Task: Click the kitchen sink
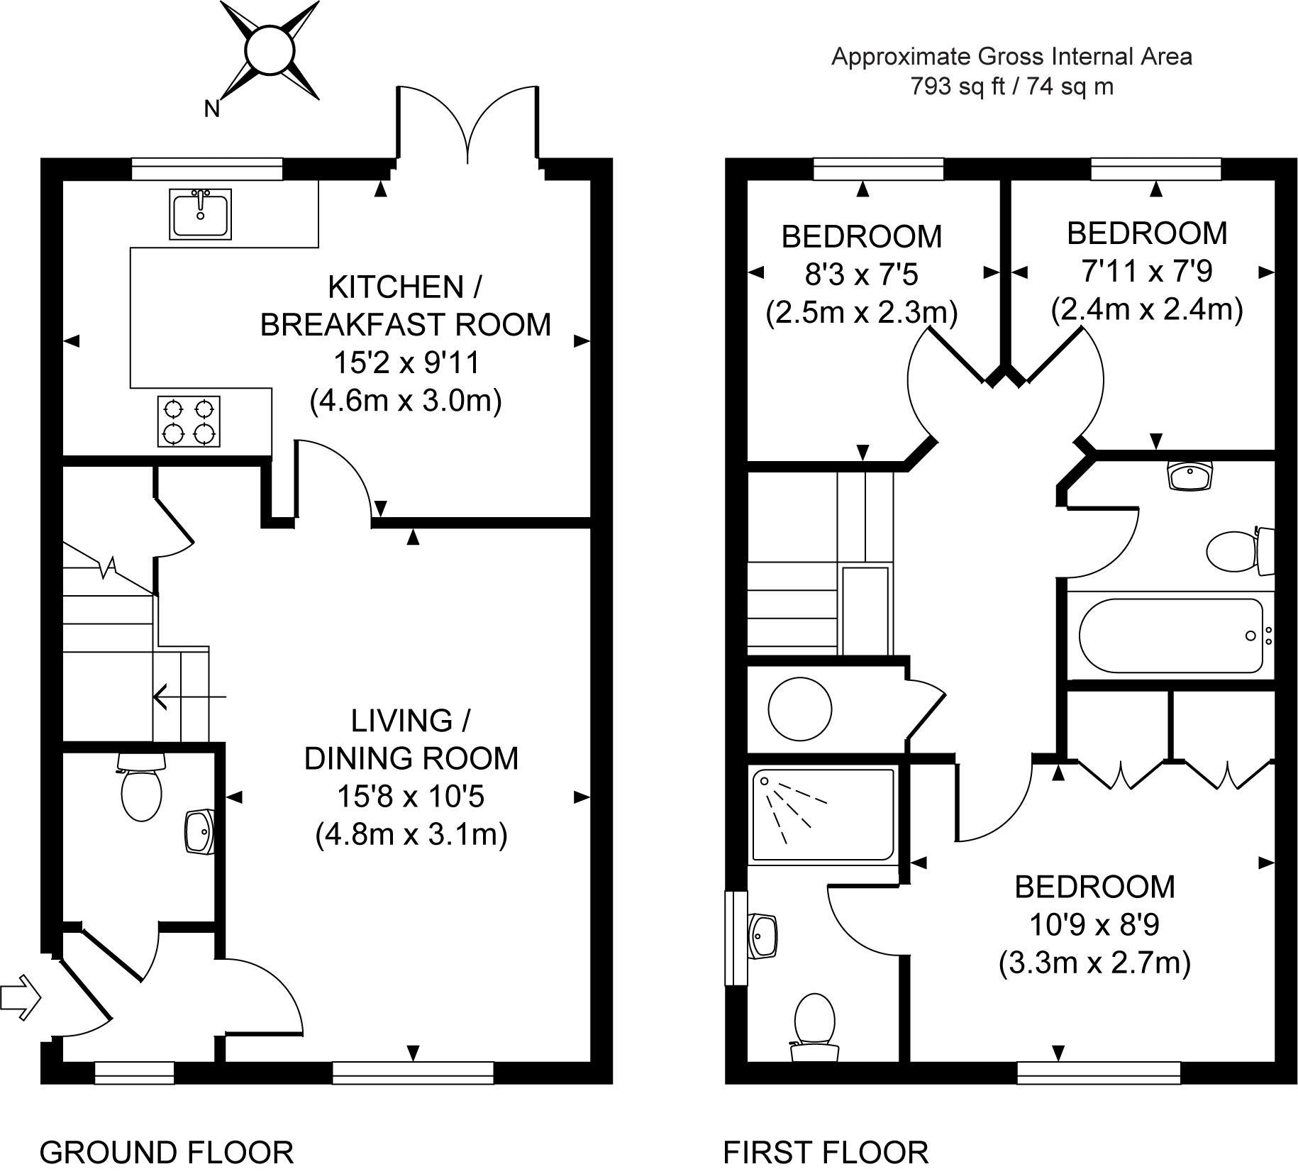[201, 214]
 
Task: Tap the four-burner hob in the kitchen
[189, 421]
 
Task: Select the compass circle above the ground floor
[270, 50]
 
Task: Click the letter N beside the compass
[211, 109]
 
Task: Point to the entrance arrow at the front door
[21, 997]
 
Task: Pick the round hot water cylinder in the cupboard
[800, 709]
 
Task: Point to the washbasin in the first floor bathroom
[1192, 475]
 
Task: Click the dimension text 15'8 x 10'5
[411, 797]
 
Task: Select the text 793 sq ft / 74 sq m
[1012, 87]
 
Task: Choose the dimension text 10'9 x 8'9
[1094, 925]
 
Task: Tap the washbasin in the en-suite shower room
[765, 936]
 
